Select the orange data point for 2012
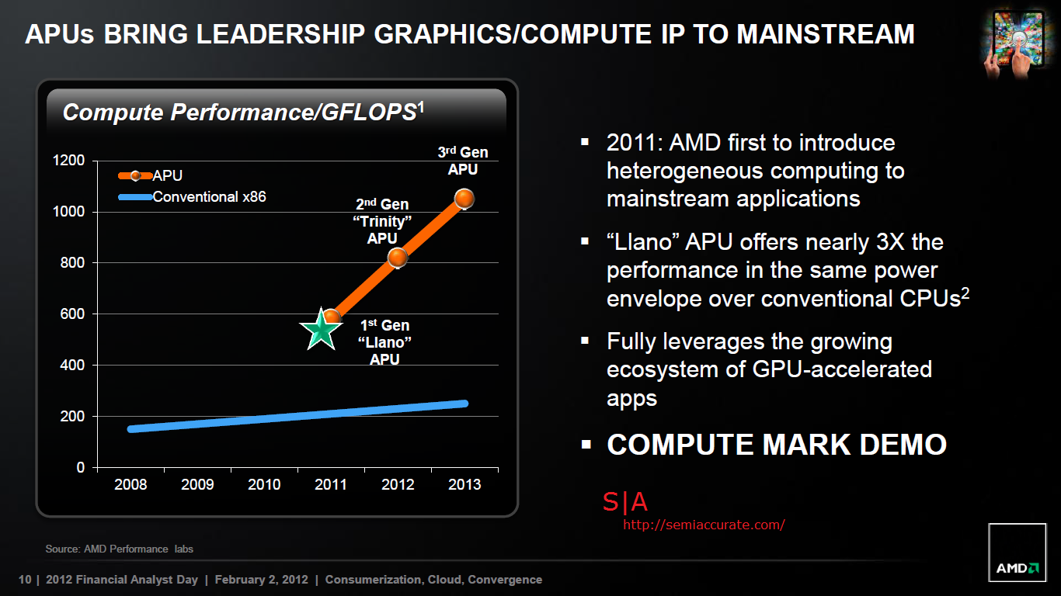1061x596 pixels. pos(398,258)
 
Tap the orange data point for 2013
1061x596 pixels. pos(464,199)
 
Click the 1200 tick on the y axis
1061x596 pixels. pos(69,161)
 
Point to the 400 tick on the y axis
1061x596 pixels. pos(72,365)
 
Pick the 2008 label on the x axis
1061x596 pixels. pos(130,485)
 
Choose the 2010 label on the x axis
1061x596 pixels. pos(264,485)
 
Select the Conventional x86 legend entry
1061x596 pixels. pos(209,197)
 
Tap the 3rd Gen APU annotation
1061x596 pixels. pos(463,161)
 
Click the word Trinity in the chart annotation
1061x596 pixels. pos(382,221)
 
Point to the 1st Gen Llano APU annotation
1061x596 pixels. pos(384,342)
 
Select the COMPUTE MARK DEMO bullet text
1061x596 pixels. pos(776,445)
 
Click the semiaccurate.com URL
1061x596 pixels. pos(704,525)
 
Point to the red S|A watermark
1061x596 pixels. pos(624,503)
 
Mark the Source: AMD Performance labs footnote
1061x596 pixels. pos(119,549)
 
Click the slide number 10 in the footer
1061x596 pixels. pos(24,580)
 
